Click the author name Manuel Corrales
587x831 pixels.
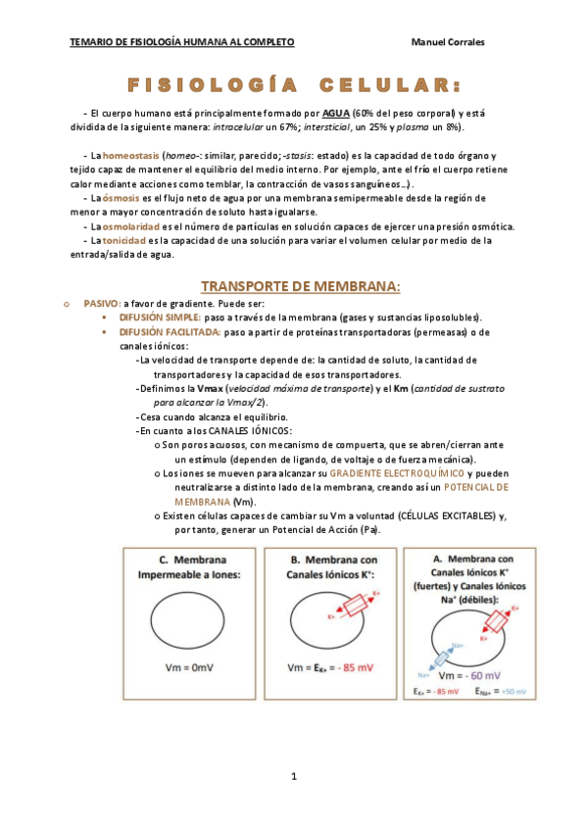pos(450,42)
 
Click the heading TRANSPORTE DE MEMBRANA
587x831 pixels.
pos(300,286)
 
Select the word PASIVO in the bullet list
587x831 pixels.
pos(101,304)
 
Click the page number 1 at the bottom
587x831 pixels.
pos(293,776)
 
